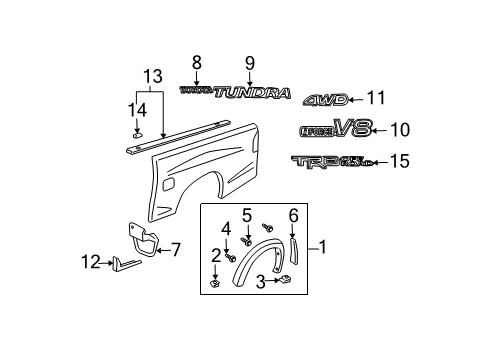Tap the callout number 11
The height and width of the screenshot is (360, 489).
point(374,98)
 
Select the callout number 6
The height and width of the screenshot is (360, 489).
point(293,215)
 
